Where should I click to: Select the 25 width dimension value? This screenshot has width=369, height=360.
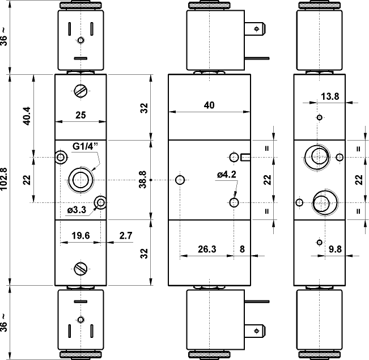point(80,115)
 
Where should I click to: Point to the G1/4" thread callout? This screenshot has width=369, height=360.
point(86,146)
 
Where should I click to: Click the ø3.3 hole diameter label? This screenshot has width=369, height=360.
point(76,210)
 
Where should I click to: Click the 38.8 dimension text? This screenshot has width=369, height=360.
point(142,180)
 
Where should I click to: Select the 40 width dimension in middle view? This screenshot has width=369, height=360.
point(209,105)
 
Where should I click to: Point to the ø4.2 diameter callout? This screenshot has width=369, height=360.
point(226,175)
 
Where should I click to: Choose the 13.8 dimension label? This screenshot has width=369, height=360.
point(329,96)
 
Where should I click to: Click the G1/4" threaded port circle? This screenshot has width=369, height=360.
point(79,180)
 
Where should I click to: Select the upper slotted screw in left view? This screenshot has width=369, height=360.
point(80,90)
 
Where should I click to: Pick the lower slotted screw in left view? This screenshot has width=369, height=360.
point(80,268)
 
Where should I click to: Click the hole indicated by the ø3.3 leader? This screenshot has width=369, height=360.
point(100,202)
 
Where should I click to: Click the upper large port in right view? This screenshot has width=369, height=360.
point(316,156)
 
